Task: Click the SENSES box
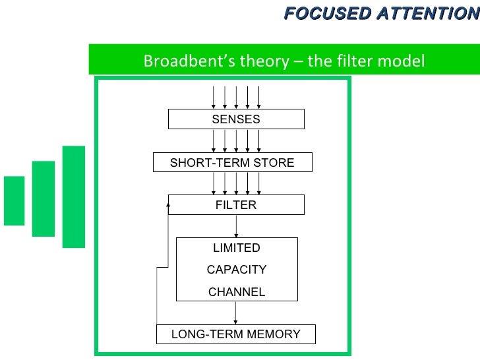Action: point(236,119)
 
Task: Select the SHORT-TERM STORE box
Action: point(232,163)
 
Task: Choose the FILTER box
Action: point(236,205)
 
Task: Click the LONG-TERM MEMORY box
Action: point(235,334)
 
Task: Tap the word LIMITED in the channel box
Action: point(236,248)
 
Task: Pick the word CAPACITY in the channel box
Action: point(236,270)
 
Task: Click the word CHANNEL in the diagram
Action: point(236,292)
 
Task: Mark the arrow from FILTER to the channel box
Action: point(236,226)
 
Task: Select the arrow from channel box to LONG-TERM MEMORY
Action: point(236,313)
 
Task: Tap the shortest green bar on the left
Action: point(14,200)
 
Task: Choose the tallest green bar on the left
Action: point(74,196)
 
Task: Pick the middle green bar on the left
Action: point(44,198)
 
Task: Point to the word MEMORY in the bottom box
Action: point(275,334)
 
